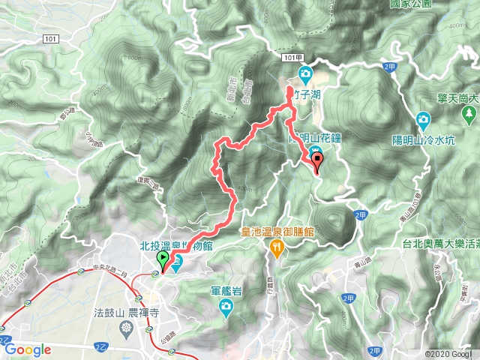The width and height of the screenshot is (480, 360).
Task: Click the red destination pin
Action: pyautogui.click(x=317, y=160)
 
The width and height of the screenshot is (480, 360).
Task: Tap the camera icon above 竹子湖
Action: pyautogui.click(x=305, y=73)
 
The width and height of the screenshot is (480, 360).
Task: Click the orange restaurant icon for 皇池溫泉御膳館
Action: pyautogui.click(x=277, y=247)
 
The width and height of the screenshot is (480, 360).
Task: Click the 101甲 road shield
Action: pyautogui.click(x=293, y=57)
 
